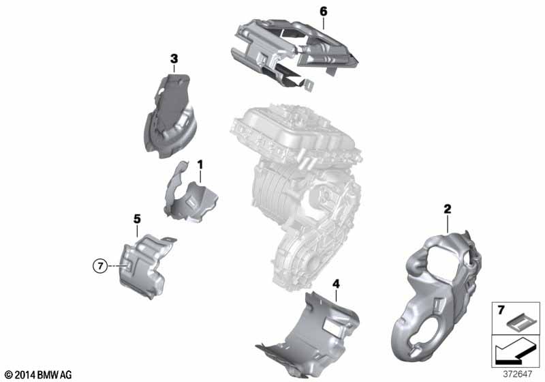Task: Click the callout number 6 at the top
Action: click(323, 12)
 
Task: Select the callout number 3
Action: click(174, 59)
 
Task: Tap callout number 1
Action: click(200, 164)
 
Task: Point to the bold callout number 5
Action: click(138, 219)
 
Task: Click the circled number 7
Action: click(100, 266)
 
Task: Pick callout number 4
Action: click(336, 284)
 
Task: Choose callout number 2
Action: click(448, 209)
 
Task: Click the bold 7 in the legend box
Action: click(501, 310)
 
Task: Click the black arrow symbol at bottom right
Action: click(514, 353)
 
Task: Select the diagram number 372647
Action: click(518, 374)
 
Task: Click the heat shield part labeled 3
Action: click(170, 117)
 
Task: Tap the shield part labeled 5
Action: click(144, 266)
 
